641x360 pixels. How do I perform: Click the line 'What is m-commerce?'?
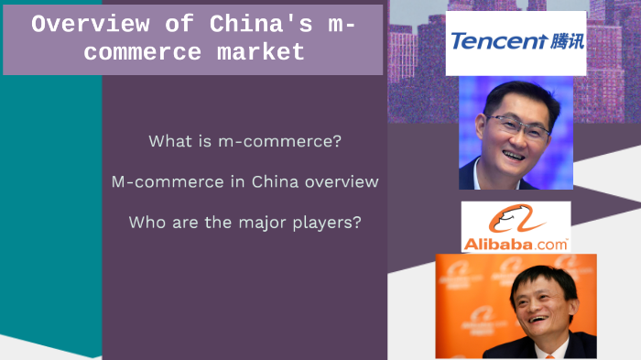click(244, 142)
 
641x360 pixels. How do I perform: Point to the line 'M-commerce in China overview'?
click(244, 181)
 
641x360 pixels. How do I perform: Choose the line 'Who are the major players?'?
click(244, 222)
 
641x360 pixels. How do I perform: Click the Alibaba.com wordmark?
click(516, 245)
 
